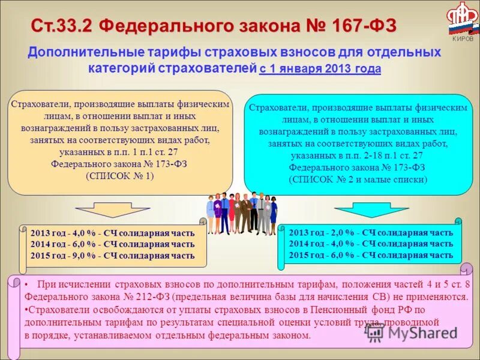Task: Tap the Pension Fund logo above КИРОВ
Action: point(461,19)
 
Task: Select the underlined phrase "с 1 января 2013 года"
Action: point(320,68)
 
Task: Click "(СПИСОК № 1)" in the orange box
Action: point(119,176)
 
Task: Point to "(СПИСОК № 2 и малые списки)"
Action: point(358,179)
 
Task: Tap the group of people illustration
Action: point(242,213)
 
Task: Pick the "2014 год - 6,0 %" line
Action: point(112,244)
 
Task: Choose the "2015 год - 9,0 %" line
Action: point(112,255)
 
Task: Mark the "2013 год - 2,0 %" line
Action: point(370,233)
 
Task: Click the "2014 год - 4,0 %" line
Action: point(370,244)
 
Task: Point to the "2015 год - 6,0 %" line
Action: point(370,254)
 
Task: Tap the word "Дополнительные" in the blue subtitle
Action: point(83,52)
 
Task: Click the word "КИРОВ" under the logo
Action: point(462,39)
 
